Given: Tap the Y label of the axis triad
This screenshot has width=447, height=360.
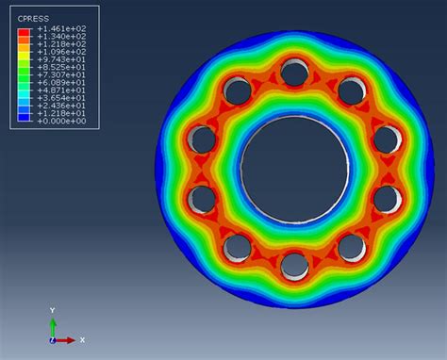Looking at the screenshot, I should click(x=53, y=309).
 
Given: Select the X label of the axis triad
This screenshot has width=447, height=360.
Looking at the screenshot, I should click(x=82, y=339).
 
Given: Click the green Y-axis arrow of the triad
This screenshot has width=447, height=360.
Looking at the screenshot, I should click(x=53, y=325).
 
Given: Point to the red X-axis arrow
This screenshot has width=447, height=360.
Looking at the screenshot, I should click(x=66, y=339).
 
